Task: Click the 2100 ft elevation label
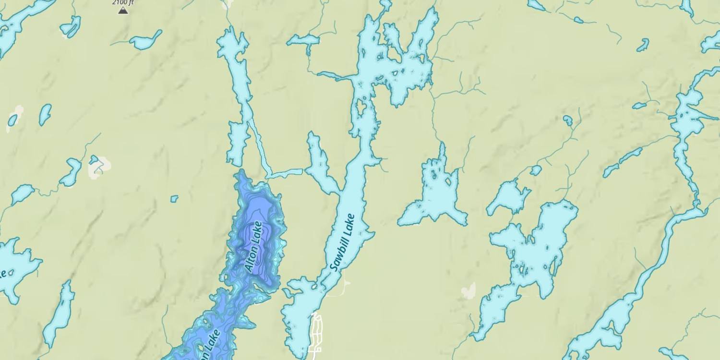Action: pos(123,2)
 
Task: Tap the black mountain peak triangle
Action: pos(123,10)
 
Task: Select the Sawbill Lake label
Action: pos(342,242)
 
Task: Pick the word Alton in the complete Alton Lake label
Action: pos(251,259)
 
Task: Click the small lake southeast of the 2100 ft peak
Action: pos(145,41)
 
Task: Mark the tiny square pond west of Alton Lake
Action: pos(174,198)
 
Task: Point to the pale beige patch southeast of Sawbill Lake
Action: pos(468,290)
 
